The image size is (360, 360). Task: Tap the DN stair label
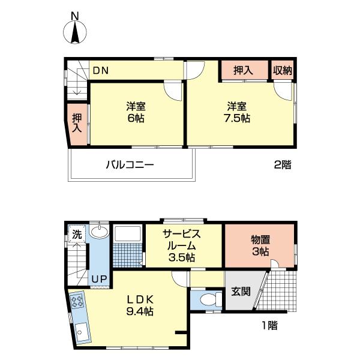(x=100, y=70)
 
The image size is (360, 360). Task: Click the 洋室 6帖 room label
(x=136, y=112)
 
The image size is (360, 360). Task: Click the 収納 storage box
(x=283, y=70)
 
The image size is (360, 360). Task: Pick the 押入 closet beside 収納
(x=244, y=70)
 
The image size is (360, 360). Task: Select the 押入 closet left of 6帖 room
(x=77, y=124)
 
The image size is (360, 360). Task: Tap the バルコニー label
(x=130, y=164)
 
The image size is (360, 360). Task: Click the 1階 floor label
(x=268, y=326)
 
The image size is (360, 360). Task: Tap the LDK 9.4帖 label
(x=140, y=305)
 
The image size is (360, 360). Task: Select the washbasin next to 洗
(x=100, y=233)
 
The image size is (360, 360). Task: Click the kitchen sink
(x=80, y=331)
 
